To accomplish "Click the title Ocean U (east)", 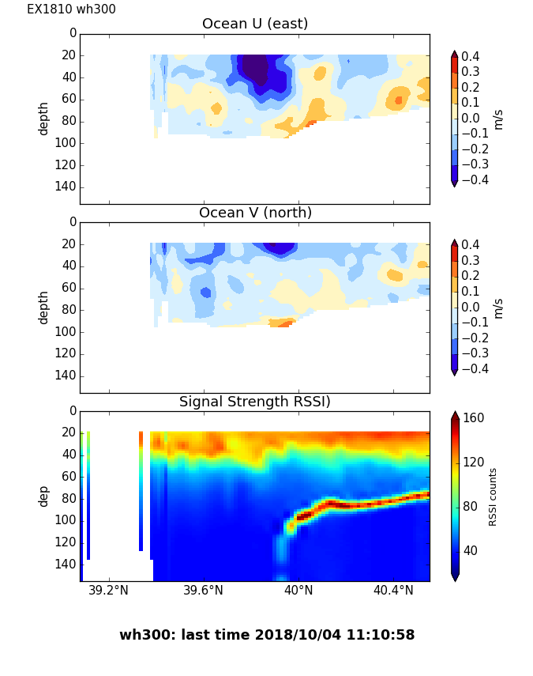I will [255, 24].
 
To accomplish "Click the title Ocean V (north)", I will [255, 213].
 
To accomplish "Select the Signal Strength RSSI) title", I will [255, 402].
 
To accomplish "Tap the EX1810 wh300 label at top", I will [71, 9].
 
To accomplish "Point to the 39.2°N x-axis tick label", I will [108, 591].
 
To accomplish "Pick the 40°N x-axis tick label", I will [298, 591].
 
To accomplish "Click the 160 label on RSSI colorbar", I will [474, 418].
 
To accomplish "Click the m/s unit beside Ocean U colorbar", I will [498, 119].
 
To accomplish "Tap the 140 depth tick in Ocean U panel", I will [67, 187].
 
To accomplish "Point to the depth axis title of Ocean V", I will [44, 307].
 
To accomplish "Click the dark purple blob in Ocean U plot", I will [255, 70].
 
